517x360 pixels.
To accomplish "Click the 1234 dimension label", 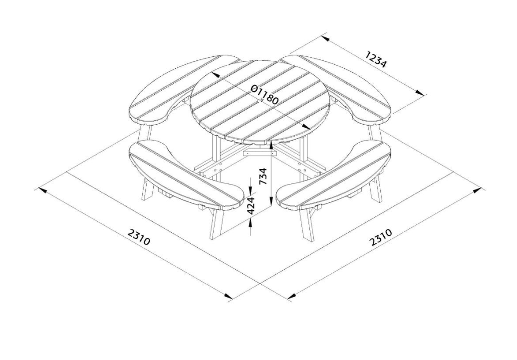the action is click(x=376, y=59).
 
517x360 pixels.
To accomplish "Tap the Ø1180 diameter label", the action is click(x=264, y=94).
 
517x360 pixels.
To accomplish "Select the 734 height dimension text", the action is click(x=263, y=177).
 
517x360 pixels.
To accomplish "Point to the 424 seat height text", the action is click(x=251, y=206).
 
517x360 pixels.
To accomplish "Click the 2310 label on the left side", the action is click(x=139, y=237).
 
